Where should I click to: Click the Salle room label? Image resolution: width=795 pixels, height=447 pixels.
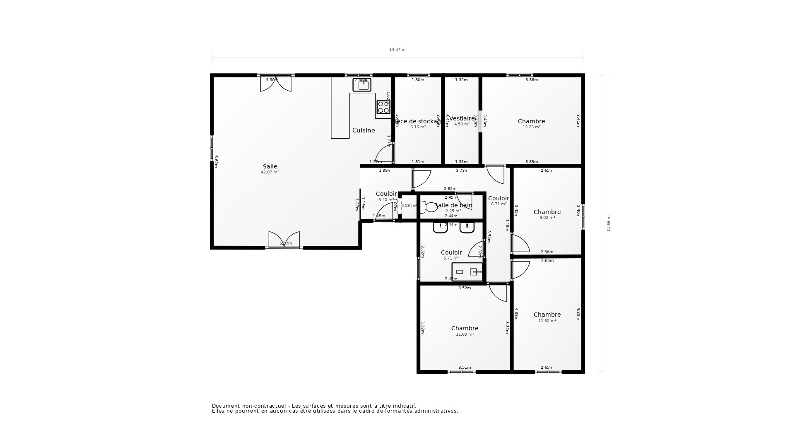pos(270,166)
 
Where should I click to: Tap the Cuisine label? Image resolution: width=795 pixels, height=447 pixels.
pos(364,130)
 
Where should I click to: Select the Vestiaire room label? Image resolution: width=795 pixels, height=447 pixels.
pos(462,118)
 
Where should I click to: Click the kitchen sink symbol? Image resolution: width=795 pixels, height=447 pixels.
pos(362,85)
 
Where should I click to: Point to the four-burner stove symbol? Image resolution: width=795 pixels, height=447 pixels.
pos(383,107)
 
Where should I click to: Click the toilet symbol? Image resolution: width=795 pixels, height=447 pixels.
pos(429,207)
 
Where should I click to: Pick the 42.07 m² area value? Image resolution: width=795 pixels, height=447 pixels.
pos(270,172)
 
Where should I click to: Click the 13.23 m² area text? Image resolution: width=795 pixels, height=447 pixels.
pos(531,127)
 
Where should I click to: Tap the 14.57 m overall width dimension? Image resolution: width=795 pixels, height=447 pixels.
pos(397,50)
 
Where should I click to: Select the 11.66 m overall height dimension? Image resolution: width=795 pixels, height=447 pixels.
pos(609,223)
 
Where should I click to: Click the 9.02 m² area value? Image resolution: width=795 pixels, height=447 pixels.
pos(547,218)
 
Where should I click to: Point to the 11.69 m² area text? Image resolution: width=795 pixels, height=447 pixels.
pos(465,334)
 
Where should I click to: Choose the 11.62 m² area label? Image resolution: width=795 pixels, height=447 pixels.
pos(547,321)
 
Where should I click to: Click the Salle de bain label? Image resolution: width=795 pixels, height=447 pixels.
pos(453,205)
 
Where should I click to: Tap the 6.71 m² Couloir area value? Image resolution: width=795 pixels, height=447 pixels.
pos(499,204)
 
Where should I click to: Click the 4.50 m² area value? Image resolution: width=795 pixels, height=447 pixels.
pos(462,124)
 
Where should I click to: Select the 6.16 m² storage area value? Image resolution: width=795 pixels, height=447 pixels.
pos(418,127)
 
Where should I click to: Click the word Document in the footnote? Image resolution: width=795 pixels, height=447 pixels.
pos(226,406)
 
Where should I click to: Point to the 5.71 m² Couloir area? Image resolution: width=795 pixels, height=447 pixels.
pos(451,258)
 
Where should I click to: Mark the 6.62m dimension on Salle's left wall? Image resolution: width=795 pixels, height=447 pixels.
pos(216,161)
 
